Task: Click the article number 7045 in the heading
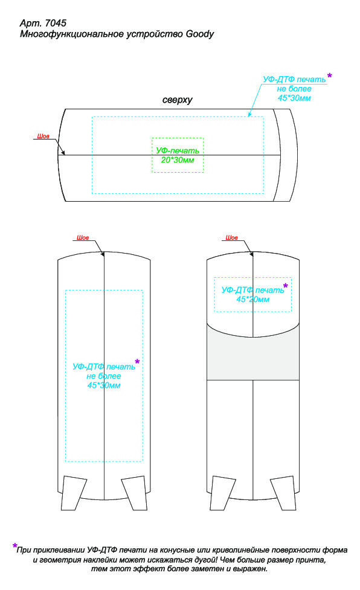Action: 56,23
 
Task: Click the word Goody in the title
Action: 200,34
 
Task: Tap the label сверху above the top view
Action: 177,100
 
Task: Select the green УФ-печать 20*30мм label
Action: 178,155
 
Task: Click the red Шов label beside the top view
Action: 43,136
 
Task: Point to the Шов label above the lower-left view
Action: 83,237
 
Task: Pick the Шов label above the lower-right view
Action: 232,237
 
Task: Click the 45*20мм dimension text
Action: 253,300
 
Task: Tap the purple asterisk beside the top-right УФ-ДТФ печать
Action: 330,76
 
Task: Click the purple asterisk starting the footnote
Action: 15,545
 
